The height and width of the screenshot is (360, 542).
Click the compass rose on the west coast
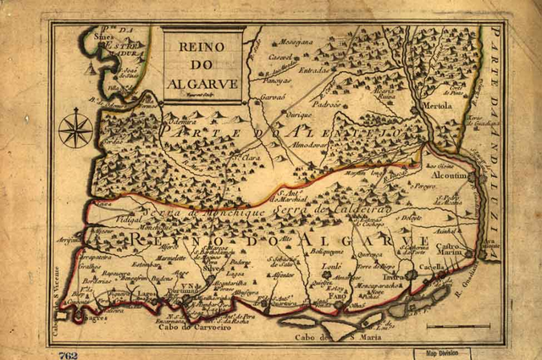click(x=75, y=129)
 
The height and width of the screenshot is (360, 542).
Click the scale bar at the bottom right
click(x=457, y=325)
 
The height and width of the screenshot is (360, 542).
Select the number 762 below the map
click(x=69, y=354)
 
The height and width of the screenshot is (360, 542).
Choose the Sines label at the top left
click(x=103, y=37)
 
